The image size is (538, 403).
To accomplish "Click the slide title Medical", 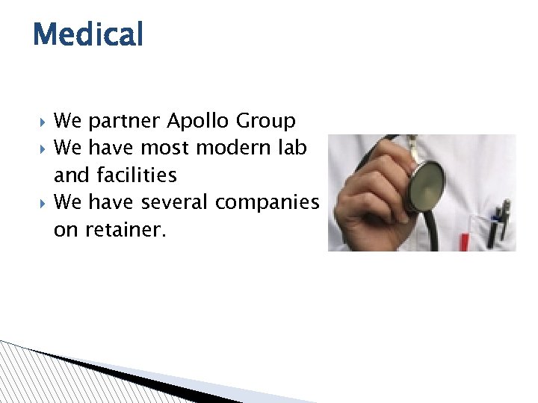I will click(x=87, y=34).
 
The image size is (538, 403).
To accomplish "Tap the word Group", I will click(x=268, y=121).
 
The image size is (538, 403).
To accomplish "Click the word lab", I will click(x=291, y=148).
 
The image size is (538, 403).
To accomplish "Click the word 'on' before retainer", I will click(x=65, y=231).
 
